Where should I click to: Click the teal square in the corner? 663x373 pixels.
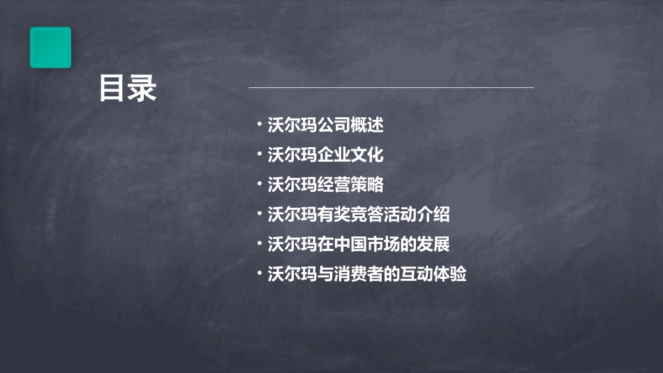pos(50,47)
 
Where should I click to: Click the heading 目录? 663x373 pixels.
pos(127,89)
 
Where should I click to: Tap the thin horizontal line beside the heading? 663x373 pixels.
pos(391,88)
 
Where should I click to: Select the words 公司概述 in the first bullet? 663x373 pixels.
pos(350,125)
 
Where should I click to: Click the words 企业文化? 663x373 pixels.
pos(350,155)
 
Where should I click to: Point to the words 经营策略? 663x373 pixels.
pos(350,185)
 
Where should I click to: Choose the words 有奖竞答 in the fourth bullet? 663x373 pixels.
pos(350,215)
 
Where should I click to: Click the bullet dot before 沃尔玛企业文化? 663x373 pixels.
pos(259,153)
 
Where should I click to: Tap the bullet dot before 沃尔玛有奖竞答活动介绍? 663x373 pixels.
pos(259,213)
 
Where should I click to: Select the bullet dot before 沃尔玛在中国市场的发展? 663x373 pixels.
pos(259,243)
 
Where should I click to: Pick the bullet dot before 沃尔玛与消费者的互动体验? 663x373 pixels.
pos(259,273)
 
